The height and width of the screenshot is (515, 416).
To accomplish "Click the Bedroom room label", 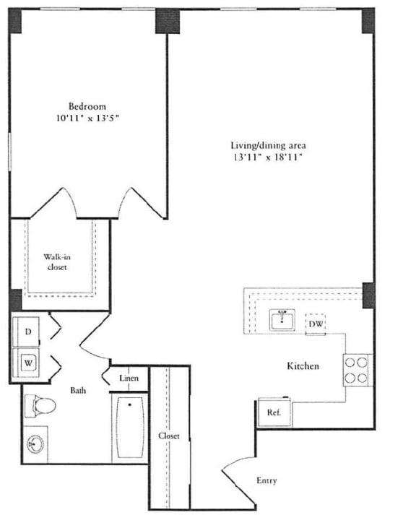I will pos(87,105).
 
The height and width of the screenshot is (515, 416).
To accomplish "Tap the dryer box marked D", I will pos(28,331).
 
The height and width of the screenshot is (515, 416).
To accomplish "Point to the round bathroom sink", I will pos(35,443).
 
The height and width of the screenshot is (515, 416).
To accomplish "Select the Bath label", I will pos(79,390).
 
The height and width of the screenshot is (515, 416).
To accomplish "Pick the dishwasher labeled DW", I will pos(315,325).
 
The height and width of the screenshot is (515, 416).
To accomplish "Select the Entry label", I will pos(266,480).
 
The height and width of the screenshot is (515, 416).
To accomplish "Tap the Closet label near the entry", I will pos(169,436).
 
